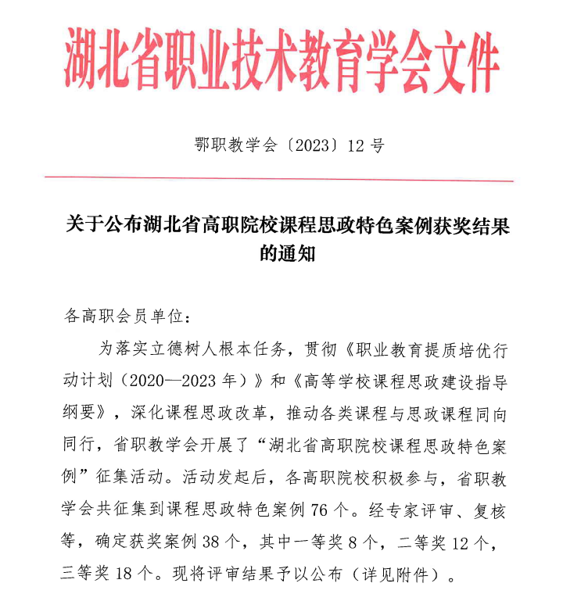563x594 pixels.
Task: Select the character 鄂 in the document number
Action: pos(200,145)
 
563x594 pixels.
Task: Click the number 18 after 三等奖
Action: pos(124,577)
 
